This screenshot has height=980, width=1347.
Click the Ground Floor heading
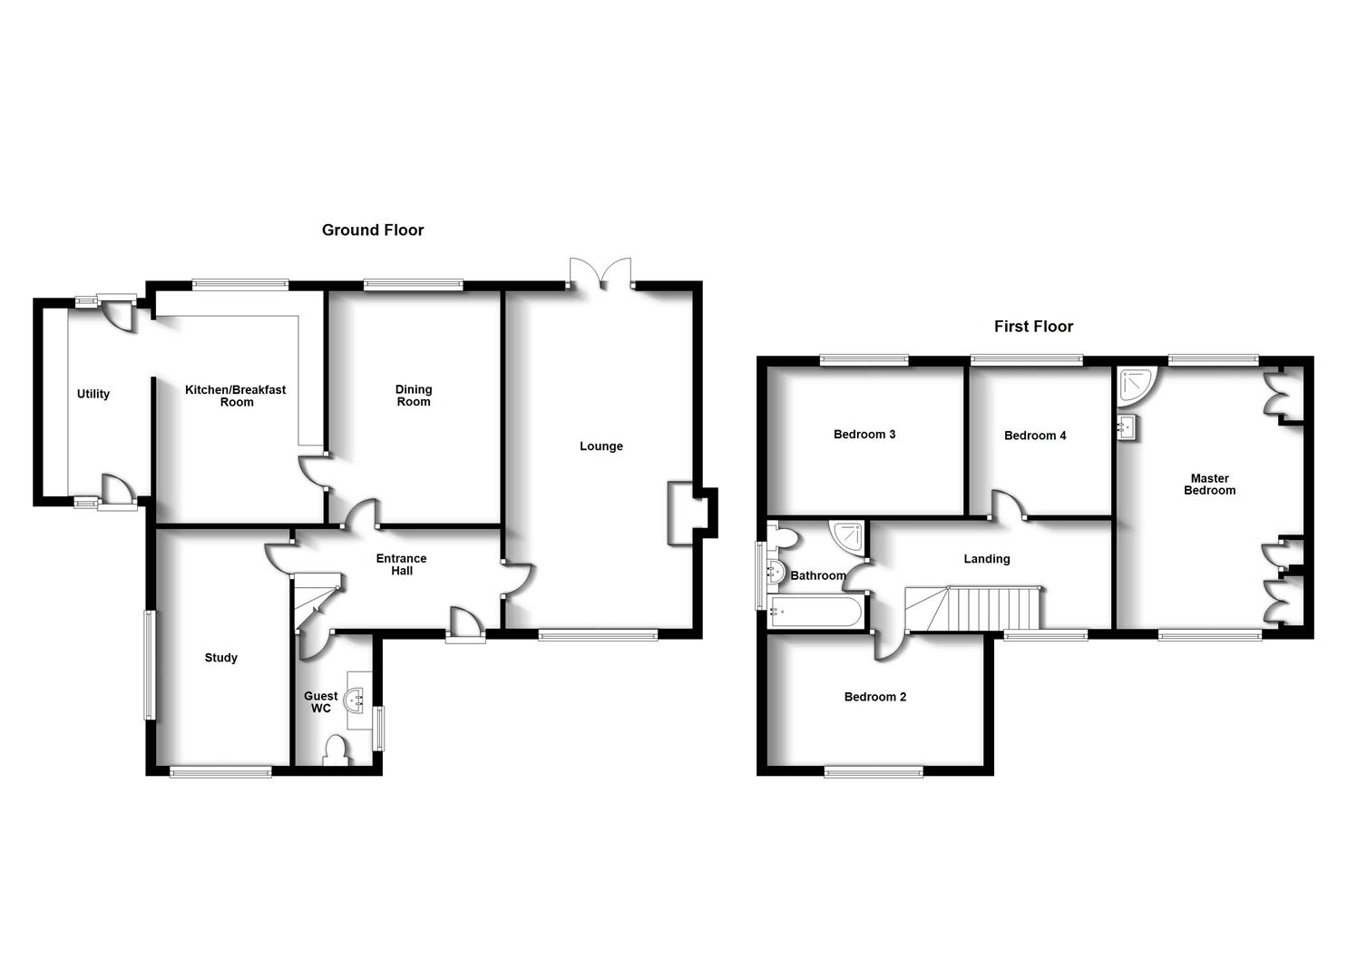point(373,230)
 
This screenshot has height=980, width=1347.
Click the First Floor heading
point(1033,327)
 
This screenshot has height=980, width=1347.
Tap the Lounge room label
point(601,446)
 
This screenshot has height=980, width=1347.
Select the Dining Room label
point(414,396)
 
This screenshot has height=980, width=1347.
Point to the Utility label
point(93,394)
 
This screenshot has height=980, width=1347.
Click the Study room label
point(221,658)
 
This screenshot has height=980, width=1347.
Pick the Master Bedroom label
point(1209,485)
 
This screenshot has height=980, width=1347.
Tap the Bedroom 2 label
point(875,697)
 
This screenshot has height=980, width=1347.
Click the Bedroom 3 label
point(864,435)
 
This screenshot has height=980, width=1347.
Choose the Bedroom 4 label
point(1035,436)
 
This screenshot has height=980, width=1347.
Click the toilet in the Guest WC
point(336,750)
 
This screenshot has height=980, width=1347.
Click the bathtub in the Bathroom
point(815,612)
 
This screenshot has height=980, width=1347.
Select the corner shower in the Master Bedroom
point(1137,385)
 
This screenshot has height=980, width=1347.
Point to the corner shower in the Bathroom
point(847,536)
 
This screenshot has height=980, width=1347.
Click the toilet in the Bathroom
point(781,538)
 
